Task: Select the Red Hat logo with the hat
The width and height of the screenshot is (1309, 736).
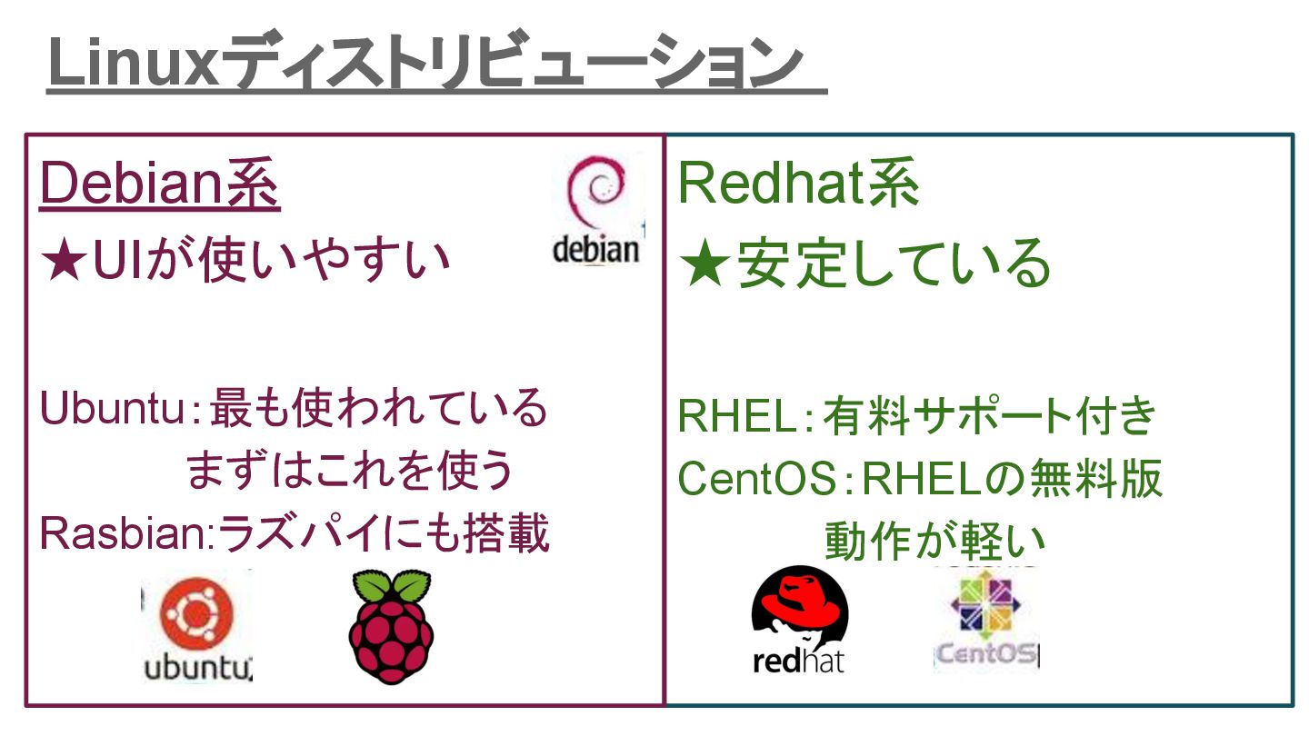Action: tap(799, 609)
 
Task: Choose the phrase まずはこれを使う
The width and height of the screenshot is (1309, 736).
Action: tap(350, 471)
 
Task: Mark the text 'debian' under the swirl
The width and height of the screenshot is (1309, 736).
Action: tap(595, 248)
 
